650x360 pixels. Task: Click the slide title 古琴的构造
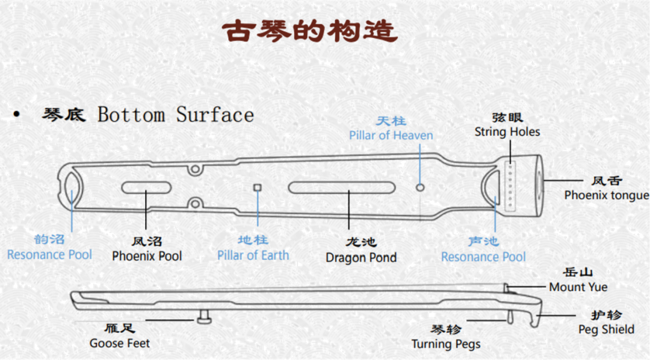[311, 31]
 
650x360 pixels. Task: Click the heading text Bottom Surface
[176, 114]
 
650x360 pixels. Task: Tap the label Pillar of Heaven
[391, 135]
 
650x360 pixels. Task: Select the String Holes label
[507, 132]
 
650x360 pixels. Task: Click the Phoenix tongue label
[606, 195]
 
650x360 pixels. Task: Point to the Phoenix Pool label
[147, 256]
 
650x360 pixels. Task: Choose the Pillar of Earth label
[253, 255]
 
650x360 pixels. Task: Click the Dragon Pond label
[361, 258]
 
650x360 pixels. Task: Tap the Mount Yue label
[578, 287]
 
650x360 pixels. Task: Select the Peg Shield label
[606, 329]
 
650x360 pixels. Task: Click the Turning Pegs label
[446, 344]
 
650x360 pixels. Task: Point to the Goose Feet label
[120, 343]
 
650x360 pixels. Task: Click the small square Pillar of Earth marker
[258, 187]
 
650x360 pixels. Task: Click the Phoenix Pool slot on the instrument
[146, 187]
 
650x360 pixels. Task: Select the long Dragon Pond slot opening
[348, 187]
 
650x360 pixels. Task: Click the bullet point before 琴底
[16, 115]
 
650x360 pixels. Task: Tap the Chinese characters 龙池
[361, 242]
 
